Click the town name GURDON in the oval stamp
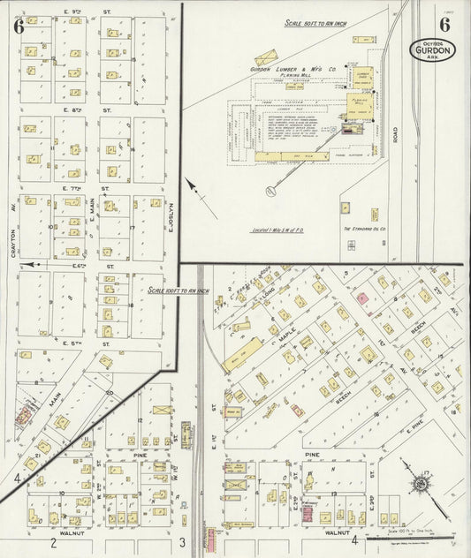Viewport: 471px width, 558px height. click(430, 50)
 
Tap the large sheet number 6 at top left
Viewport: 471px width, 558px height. click(19, 26)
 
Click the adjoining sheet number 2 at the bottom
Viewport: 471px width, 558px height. click(54, 543)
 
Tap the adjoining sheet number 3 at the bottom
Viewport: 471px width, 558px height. click(182, 542)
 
